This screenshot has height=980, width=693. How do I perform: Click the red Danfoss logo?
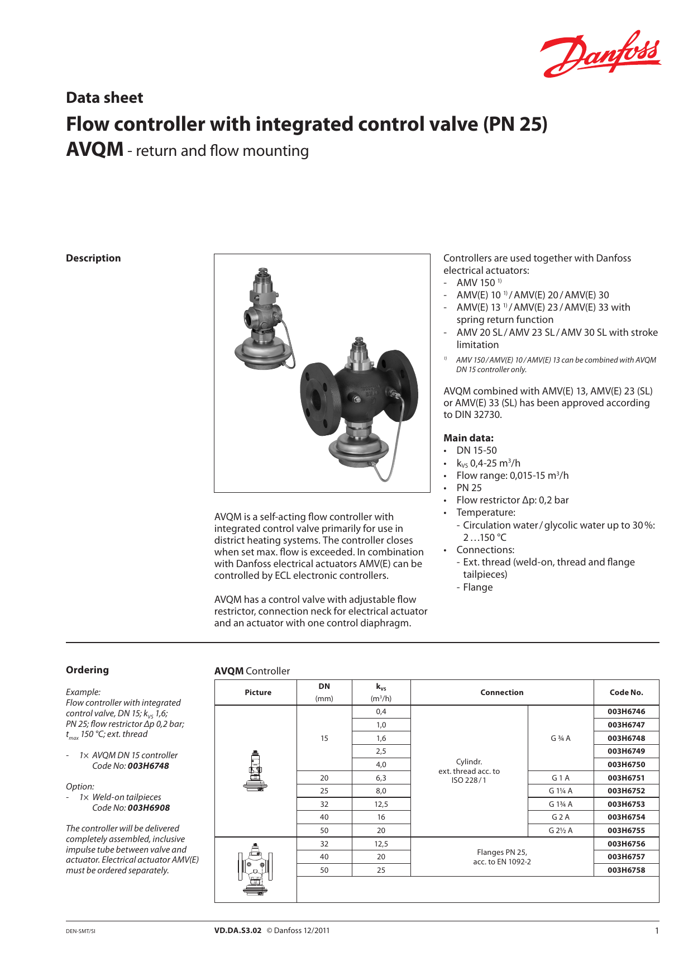(600, 54)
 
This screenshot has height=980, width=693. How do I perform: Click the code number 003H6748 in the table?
(626, 738)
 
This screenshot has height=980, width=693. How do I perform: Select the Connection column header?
(501, 692)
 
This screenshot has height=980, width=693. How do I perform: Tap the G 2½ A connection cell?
(560, 830)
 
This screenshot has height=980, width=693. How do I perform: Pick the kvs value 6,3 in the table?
(381, 778)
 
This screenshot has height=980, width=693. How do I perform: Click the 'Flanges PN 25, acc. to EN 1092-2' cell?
(501, 857)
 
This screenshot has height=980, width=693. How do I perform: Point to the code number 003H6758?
(626, 870)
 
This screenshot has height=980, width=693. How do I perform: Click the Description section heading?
(93, 258)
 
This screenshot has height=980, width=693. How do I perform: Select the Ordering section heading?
(87, 670)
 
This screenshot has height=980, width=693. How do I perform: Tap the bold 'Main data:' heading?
(468, 438)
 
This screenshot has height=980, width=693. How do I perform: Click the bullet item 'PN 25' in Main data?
(469, 488)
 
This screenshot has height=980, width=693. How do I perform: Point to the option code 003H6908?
(149, 808)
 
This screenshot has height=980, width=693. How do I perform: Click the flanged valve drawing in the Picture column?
(255, 869)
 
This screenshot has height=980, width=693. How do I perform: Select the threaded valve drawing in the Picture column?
(255, 771)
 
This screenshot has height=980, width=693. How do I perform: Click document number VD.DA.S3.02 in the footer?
(237, 930)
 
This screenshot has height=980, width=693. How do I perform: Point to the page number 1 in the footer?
(657, 930)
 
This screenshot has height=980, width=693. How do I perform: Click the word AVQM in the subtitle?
(94, 150)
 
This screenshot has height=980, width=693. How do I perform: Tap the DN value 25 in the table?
(324, 791)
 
